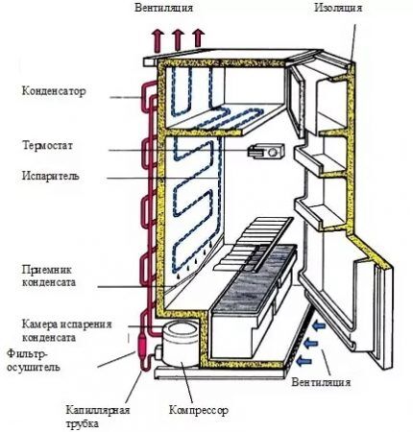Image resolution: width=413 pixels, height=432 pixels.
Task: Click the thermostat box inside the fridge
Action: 266,152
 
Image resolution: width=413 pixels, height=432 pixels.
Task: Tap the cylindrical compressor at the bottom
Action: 180,344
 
